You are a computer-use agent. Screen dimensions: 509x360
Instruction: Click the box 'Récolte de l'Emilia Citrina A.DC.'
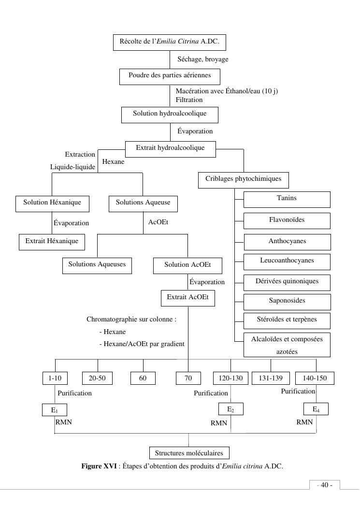coord(169,43)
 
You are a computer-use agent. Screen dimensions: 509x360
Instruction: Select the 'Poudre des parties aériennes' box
coord(170,76)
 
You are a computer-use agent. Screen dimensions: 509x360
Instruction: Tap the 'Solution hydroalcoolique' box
coord(170,115)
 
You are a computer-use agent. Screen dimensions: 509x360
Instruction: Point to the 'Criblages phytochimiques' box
coord(243,180)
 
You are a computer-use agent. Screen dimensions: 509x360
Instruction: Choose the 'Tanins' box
coord(287,199)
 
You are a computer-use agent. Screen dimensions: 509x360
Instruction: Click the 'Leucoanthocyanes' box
coord(287,262)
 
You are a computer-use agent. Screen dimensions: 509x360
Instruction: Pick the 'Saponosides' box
coord(287,302)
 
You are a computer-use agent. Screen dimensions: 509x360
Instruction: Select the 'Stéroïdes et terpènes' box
coord(287,320)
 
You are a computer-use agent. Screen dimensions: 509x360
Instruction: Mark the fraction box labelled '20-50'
coord(98,378)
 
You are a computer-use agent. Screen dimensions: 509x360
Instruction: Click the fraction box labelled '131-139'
coord(271,378)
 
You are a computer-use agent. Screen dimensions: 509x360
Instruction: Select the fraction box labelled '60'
coord(143,378)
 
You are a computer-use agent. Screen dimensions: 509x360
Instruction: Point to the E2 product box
coord(230,410)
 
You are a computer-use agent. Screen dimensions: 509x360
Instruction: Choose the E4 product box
coord(316,410)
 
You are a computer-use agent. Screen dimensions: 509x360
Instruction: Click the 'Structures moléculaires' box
coord(189,453)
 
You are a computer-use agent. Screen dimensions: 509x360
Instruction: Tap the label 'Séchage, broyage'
coord(203,59)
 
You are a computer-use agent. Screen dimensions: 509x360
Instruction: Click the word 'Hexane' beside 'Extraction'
coord(113,162)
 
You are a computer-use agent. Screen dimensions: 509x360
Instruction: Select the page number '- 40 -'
coord(324,485)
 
